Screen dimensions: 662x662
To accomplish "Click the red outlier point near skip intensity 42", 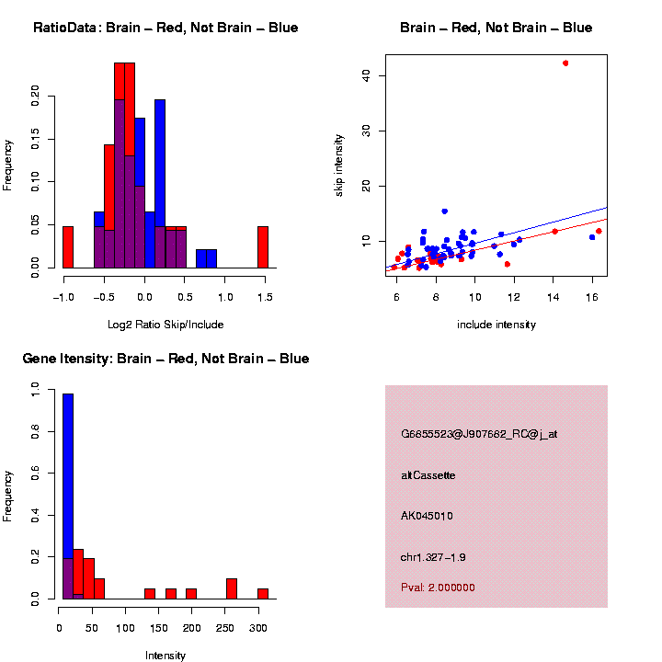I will pyautogui.click(x=565, y=63).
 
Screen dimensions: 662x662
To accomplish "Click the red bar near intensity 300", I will pyautogui.click(x=262, y=593).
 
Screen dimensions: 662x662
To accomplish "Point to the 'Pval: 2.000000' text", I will pyautogui.click(x=438, y=588).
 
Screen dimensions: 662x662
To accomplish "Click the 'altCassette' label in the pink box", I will pyautogui.click(x=428, y=475).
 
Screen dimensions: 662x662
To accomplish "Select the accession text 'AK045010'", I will pyautogui.click(x=427, y=516).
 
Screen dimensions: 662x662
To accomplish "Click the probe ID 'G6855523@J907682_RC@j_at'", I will pyautogui.click(x=479, y=434).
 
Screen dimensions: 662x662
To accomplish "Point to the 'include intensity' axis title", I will pyautogui.click(x=496, y=325).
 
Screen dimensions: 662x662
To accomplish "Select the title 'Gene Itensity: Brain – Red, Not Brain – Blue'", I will pyautogui.click(x=165, y=359).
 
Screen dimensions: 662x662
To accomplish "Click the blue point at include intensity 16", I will pyautogui.click(x=592, y=237).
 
